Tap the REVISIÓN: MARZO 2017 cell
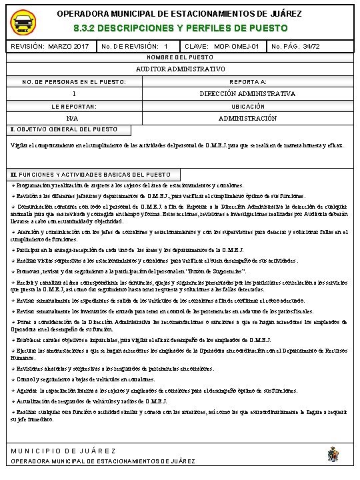pyautogui.click(x=50, y=47)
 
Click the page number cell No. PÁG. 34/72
pyautogui.click(x=295, y=47)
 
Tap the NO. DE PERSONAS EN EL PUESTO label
pyautogui.click(x=73, y=81)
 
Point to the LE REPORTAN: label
pyautogui.click(x=73, y=106)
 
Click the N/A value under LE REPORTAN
pyautogui.click(x=73, y=118)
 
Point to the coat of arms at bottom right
pyautogui.click(x=333, y=455)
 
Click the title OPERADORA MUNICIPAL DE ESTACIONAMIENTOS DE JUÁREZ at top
pyautogui.click(x=179, y=13)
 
